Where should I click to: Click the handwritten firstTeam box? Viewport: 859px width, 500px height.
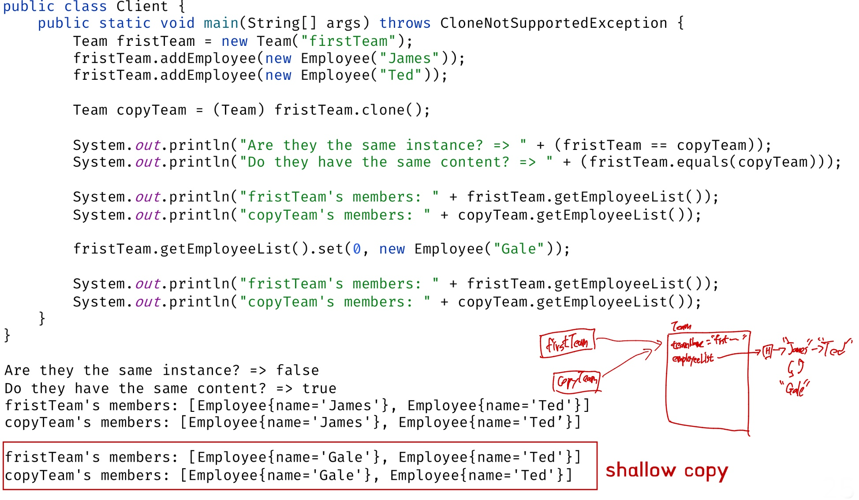click(567, 343)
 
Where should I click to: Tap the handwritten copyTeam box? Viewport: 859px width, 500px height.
click(577, 381)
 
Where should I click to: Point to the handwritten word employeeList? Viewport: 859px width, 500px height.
click(692, 358)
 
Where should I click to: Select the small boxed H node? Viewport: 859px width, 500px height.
click(768, 351)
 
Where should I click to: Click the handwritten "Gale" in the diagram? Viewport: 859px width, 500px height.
click(795, 388)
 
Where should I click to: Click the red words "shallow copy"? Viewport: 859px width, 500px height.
click(666, 470)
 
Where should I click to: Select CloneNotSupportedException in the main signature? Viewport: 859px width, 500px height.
click(553, 23)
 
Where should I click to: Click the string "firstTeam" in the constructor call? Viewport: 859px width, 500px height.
click(348, 41)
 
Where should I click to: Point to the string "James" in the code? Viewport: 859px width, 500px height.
click(409, 58)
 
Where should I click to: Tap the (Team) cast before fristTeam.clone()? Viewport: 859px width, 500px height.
click(239, 110)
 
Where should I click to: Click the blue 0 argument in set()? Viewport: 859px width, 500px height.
click(356, 249)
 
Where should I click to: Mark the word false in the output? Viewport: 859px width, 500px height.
click(297, 370)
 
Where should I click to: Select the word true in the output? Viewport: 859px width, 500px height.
click(319, 388)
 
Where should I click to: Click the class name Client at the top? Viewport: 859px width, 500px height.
click(142, 6)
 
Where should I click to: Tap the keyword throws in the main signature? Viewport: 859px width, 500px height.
click(405, 23)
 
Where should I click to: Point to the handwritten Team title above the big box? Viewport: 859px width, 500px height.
click(681, 327)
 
